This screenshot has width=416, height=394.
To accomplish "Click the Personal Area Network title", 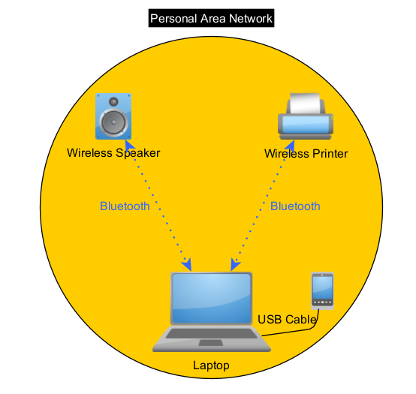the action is (x=211, y=18).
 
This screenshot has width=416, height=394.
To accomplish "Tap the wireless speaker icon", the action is (x=113, y=116).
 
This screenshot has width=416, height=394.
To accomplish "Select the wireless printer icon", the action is (x=306, y=116).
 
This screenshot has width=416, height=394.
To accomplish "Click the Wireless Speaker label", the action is (x=113, y=153).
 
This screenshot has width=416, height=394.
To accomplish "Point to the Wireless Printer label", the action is (x=306, y=154).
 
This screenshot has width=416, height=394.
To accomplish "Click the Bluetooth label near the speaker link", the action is (x=125, y=206).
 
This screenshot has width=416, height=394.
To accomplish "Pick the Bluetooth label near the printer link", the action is (x=295, y=206).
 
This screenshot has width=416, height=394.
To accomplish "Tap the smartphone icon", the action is (x=322, y=291).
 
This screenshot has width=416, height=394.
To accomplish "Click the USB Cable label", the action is (x=288, y=320).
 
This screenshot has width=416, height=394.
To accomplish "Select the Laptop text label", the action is (x=211, y=365).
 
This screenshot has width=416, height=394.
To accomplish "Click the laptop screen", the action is (x=212, y=298).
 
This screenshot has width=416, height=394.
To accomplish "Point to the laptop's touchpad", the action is (x=211, y=343).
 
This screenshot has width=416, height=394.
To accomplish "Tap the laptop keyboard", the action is (x=212, y=333).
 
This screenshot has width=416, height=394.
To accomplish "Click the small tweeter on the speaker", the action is (x=113, y=101).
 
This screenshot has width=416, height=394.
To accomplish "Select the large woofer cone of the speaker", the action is (x=113, y=122).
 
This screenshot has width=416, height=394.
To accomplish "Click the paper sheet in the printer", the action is (x=305, y=103).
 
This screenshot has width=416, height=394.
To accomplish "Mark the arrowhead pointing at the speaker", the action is (x=129, y=146).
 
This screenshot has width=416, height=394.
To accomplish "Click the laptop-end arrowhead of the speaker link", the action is (x=187, y=265).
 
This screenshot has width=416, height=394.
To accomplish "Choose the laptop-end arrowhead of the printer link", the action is (x=235, y=265).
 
